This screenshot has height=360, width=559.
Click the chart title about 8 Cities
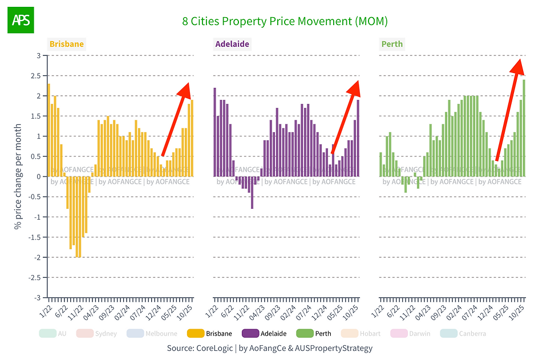tap(285, 21)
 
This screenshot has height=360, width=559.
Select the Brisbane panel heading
tap(66, 44)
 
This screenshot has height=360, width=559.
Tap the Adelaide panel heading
tap(232, 44)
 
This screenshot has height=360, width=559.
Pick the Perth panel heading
tap(392, 44)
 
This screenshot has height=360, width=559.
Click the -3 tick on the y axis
tap(38, 297)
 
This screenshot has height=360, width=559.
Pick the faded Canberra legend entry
tap(465, 333)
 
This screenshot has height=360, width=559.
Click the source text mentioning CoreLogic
tap(269, 347)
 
